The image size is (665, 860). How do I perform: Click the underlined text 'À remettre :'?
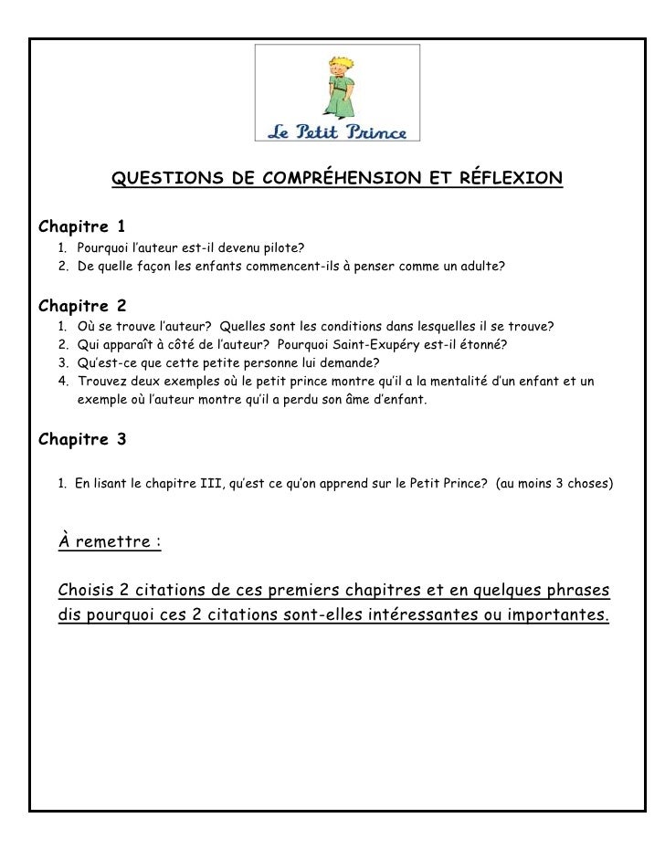(x=109, y=541)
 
